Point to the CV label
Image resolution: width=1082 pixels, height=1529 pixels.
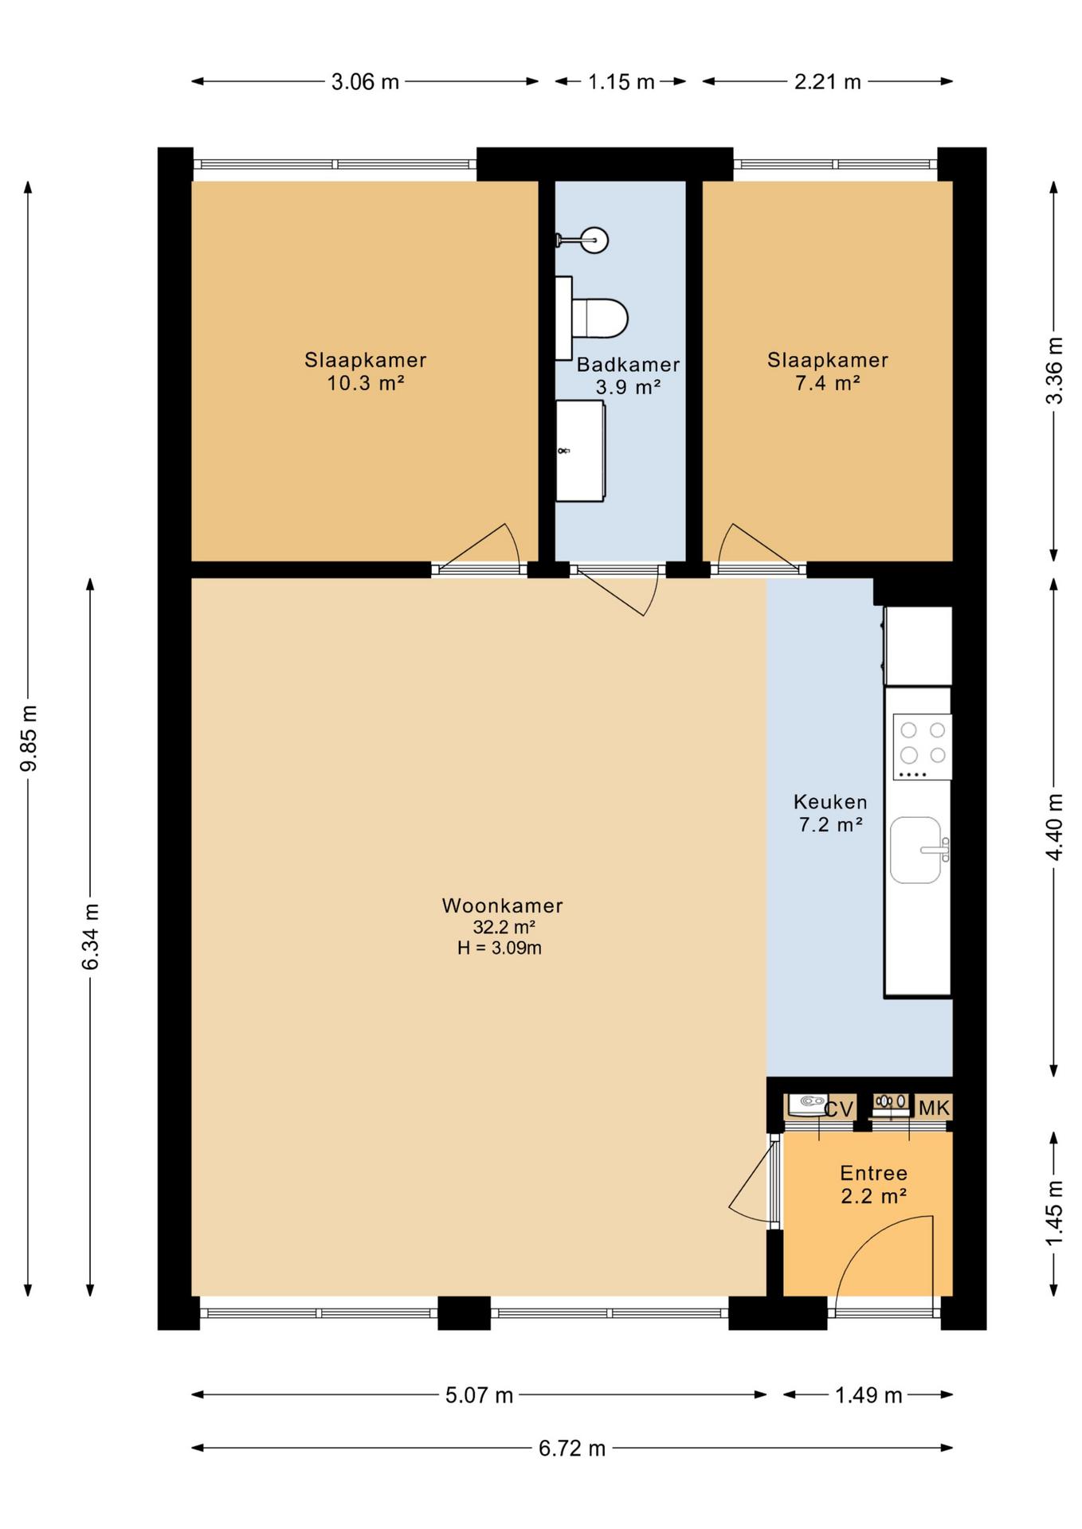tap(838, 1109)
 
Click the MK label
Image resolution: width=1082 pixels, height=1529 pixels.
tap(934, 1108)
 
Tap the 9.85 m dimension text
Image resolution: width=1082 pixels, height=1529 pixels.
tap(29, 738)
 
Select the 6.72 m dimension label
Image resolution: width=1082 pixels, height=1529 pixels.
tap(572, 1448)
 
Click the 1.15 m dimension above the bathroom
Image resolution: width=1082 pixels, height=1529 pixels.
tap(621, 81)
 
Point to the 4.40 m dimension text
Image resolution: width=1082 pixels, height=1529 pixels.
tap(1054, 827)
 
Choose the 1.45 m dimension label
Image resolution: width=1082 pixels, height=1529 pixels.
tap(1054, 1214)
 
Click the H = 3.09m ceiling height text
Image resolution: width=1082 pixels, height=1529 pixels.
tap(500, 948)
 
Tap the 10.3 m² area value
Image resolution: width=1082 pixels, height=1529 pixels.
tap(366, 383)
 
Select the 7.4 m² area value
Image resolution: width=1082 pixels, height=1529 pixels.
tap(828, 383)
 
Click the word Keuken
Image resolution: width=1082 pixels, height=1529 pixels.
tap(830, 802)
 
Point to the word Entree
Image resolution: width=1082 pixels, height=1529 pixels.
tap(874, 1173)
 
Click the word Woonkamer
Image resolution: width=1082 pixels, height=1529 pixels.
tap(503, 905)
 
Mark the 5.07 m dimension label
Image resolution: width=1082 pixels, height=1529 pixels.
tap(479, 1395)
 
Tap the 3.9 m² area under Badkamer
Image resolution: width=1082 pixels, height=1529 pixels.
tap(629, 387)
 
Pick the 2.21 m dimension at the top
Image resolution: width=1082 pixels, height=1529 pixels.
tap(828, 81)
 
